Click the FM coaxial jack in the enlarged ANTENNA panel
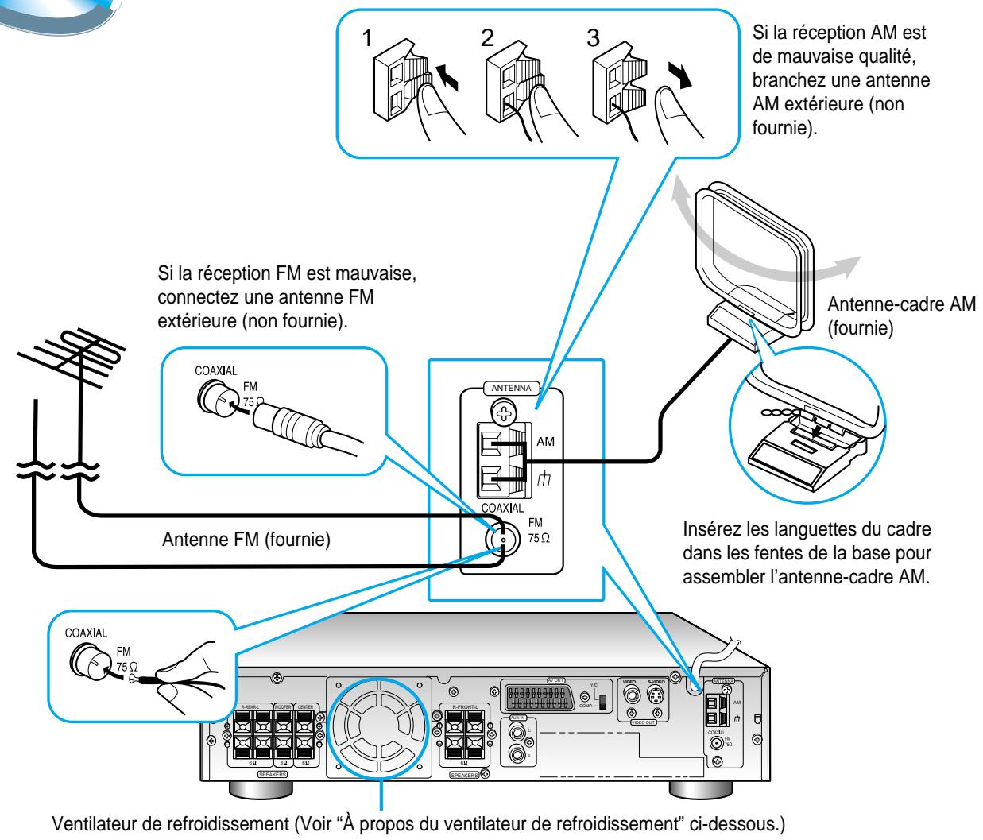coord(500,539)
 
